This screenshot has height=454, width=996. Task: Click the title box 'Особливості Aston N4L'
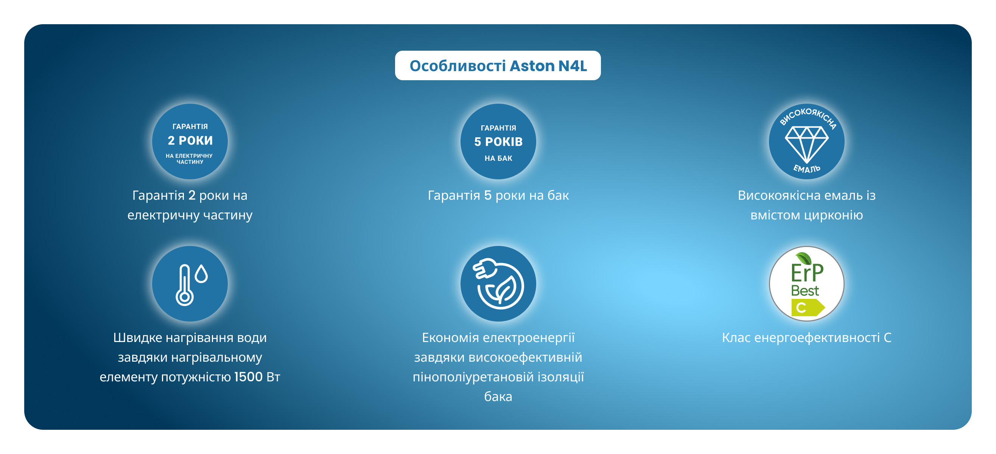point(498,65)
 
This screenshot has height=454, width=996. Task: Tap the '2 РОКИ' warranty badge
point(190,141)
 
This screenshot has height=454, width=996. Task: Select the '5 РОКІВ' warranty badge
point(498,141)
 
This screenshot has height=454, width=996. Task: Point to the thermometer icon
point(184,285)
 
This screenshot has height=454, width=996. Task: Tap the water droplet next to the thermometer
point(201,274)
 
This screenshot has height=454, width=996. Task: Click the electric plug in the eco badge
point(486,268)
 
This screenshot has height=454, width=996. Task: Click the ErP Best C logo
point(806,283)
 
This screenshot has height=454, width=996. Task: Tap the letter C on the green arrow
point(801,308)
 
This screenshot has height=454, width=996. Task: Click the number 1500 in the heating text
point(249,377)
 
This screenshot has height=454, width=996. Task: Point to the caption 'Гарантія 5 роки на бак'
point(498,195)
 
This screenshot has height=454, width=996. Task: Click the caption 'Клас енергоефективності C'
point(806,337)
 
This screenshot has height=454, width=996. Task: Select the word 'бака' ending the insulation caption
point(498,396)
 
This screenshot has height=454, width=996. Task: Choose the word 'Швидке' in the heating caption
point(138,337)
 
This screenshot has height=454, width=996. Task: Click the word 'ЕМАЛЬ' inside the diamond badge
point(806,169)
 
